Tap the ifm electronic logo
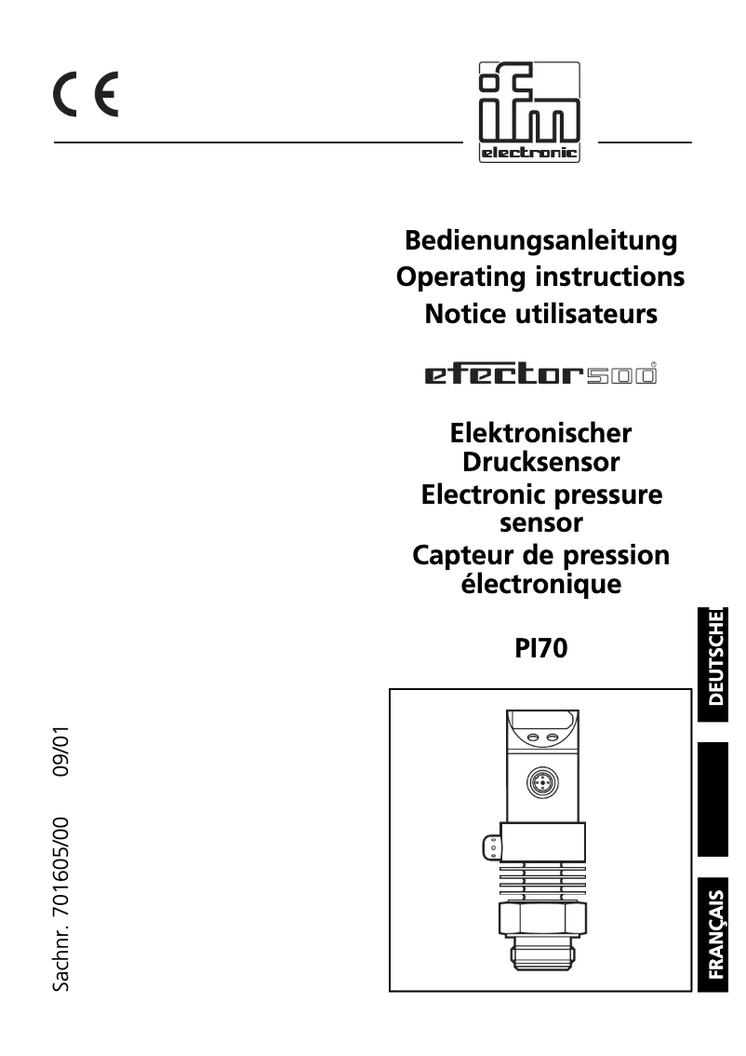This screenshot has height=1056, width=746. [529, 113]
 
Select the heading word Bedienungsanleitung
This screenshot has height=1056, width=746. [540, 240]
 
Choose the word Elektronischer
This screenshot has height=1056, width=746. [540, 433]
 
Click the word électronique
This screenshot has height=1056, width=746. [540, 585]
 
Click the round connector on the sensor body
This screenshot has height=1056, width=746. [540, 782]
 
